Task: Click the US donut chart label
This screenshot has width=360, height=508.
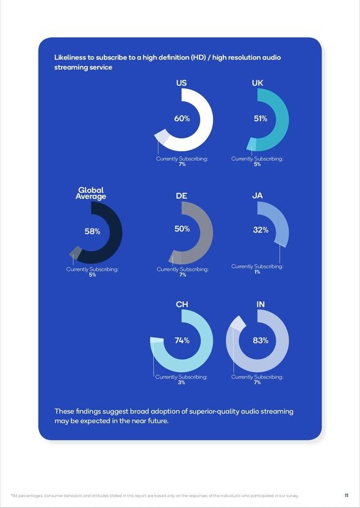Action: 181,83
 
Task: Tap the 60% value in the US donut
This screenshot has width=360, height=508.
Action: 182,118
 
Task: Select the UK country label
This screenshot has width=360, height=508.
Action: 257,83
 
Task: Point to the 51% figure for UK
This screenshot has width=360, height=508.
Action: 261,119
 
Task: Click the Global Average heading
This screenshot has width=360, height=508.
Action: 91,193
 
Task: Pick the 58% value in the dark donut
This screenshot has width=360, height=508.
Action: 92,232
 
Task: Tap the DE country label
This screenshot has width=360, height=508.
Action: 181,196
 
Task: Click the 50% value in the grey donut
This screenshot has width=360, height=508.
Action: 182,229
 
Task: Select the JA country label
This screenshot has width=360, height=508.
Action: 257,196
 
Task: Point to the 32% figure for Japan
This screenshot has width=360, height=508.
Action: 261,230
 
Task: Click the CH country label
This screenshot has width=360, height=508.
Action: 182,304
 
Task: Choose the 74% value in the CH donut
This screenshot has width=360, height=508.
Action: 182,340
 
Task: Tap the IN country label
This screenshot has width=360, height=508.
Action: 261,304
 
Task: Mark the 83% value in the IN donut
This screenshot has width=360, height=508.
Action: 261,340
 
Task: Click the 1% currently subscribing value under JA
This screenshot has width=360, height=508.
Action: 257,272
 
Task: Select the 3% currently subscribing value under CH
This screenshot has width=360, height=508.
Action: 181,382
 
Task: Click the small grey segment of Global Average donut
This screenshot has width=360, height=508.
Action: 76,252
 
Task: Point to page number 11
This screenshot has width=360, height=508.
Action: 347,495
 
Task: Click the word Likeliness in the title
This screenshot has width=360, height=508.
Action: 70,58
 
